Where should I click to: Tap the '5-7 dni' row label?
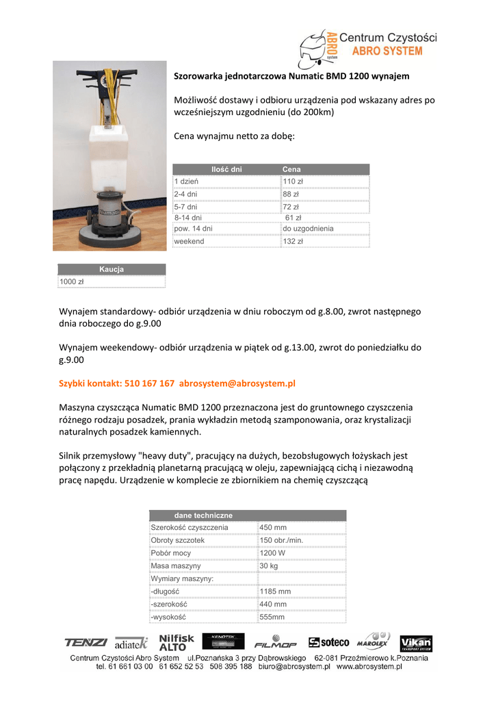185,205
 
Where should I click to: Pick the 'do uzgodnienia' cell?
308,229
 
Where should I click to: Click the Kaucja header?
111,270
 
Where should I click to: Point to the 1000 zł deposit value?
71,281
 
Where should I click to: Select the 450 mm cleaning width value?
273,528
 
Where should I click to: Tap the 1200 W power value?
273,553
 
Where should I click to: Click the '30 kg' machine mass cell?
269,566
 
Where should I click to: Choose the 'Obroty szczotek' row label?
177,540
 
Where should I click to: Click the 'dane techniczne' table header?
203,515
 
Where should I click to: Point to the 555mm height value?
272,617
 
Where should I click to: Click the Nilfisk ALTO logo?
177,641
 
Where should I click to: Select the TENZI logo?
86,642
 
